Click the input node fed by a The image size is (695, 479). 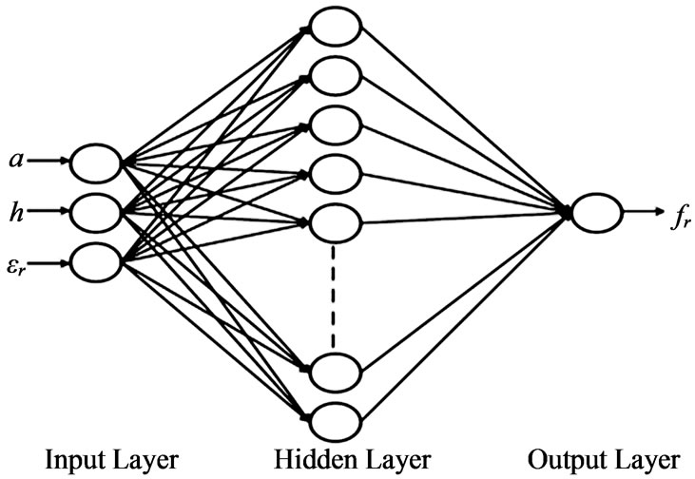tap(96, 163)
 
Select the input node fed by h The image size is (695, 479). tap(96, 213)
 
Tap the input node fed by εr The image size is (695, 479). tap(96, 262)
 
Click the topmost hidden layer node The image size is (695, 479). tap(336, 27)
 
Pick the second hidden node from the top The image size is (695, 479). tap(336, 76)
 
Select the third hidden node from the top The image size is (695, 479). tap(336, 125)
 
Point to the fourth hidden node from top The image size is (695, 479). tap(336, 175)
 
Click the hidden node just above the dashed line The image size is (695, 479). tap(336, 223)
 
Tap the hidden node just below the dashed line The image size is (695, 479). tap(336, 373)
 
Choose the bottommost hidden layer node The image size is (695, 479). tap(336, 421)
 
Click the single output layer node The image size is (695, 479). tap(597, 213)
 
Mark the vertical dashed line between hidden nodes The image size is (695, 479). tap(334, 297)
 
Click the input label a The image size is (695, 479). tap(16, 160)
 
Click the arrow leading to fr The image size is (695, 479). tap(644, 212)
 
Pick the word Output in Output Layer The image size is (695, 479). tap(562, 460)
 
